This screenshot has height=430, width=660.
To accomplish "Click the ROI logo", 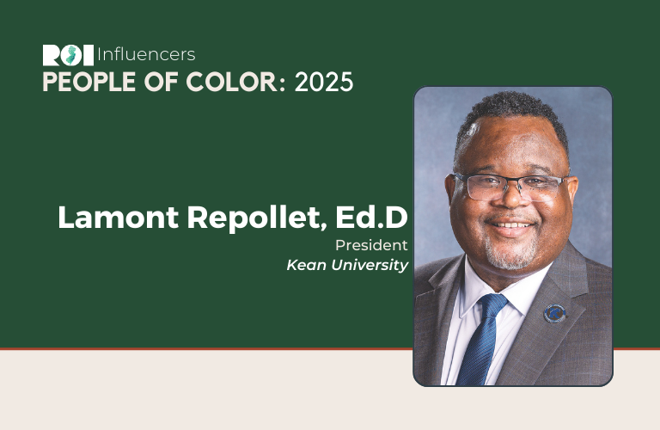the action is click(x=68, y=55).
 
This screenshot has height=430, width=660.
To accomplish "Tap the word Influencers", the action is click(x=146, y=55).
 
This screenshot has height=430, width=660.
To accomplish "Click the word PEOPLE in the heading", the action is click(x=89, y=82).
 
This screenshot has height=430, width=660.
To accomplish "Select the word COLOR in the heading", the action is click(x=232, y=82).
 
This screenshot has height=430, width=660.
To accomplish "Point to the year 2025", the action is click(x=324, y=82).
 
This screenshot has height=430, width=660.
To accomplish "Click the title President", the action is click(x=371, y=245).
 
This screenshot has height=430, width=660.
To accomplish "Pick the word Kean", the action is click(x=307, y=265).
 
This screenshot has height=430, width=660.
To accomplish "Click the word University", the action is click(x=370, y=266).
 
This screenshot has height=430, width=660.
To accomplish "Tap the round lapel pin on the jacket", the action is click(x=554, y=313).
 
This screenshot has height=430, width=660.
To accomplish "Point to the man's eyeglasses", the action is click(x=510, y=186).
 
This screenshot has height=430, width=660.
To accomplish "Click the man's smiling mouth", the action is click(x=511, y=224).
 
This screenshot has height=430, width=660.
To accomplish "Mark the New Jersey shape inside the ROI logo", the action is click(x=71, y=55).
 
